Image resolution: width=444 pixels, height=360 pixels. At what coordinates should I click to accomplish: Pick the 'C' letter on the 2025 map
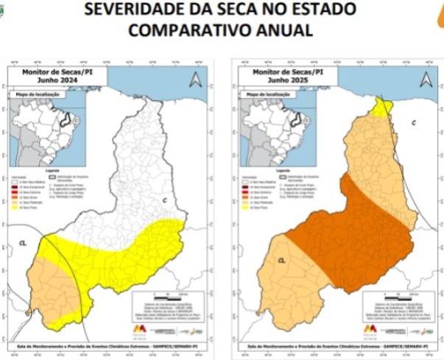pyautogui.click(x=414, y=121)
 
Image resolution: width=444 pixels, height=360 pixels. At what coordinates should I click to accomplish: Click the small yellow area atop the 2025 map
pyautogui.click(x=381, y=108)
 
